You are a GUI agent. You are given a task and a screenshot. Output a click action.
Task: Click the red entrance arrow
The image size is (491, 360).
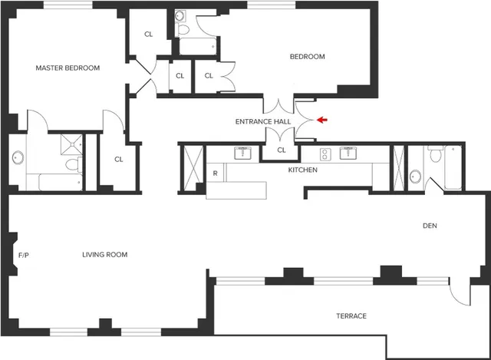[322, 120]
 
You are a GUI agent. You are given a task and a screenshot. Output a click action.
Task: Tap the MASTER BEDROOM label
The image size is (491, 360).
[68, 68]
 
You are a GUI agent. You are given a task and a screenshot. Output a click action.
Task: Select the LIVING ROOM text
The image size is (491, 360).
[104, 255]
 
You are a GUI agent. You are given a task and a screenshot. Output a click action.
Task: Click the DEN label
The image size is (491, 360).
[430, 226]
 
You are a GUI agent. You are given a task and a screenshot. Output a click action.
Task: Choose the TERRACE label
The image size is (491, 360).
[351, 316]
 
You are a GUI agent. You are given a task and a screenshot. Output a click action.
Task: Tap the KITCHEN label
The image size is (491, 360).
[302, 170]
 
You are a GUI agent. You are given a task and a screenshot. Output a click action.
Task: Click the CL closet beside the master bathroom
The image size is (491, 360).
[119, 160]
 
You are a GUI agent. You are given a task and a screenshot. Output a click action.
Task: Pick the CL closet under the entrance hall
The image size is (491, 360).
[281, 150]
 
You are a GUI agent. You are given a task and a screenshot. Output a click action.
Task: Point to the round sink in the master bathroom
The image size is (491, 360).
[18, 159]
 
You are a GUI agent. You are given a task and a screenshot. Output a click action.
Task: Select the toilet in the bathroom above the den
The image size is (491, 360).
[435, 155]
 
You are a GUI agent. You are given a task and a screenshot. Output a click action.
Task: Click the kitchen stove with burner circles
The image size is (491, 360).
[325, 154]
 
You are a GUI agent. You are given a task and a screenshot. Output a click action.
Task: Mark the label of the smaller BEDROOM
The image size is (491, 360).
[307, 57]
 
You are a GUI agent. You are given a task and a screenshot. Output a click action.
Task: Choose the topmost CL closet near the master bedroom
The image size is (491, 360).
[149, 35]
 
